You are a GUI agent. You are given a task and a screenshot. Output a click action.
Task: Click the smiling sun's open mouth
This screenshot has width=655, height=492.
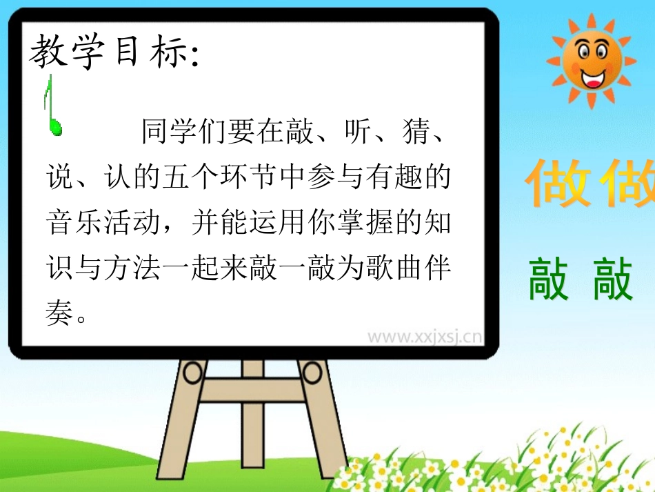(x=592, y=78)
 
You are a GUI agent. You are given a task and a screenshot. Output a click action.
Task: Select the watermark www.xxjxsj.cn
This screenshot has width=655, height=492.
(x=423, y=337)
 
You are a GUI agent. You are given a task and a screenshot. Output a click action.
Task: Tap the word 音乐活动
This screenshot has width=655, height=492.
(x=104, y=224)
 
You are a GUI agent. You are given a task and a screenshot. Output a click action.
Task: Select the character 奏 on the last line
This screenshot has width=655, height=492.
(x=59, y=315)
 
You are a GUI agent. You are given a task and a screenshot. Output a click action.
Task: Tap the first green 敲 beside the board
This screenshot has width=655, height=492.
(x=549, y=279)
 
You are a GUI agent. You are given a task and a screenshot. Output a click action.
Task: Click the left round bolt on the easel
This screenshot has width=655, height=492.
(x=194, y=373)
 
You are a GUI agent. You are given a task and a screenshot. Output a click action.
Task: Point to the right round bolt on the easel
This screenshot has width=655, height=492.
(x=312, y=373)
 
